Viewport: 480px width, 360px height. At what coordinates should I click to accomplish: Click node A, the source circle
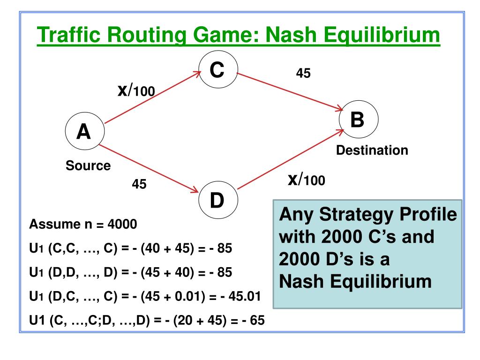coord(84,134)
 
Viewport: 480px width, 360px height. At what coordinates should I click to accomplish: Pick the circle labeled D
coord(218,201)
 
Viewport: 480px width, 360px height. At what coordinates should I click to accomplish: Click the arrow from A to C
coord(152,97)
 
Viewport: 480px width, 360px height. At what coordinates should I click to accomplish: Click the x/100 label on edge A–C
coord(136,90)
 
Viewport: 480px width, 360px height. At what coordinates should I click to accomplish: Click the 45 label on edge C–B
coord(303,73)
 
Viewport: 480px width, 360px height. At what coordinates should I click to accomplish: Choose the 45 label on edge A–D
coord(139,185)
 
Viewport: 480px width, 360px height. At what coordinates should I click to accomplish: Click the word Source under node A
coord(88,165)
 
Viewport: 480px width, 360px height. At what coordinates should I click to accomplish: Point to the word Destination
coord(373,150)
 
